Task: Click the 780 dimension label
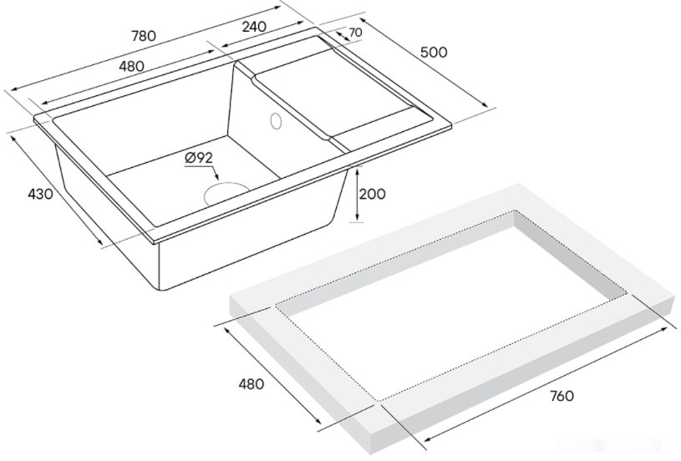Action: pyautogui.click(x=144, y=36)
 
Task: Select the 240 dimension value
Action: pyautogui.click(x=254, y=27)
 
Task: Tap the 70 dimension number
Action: pyautogui.click(x=355, y=33)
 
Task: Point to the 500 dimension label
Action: pyautogui.click(x=434, y=52)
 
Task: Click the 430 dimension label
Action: pyautogui.click(x=40, y=194)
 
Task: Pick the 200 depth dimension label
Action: pyautogui.click(x=372, y=194)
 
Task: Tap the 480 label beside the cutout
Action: pyautogui.click(x=251, y=384)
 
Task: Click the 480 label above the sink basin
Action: pyautogui.click(x=130, y=66)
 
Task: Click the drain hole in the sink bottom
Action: pyautogui.click(x=223, y=194)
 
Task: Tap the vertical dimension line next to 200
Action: pyautogui.click(x=357, y=194)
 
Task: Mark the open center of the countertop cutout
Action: pyautogui.click(x=451, y=305)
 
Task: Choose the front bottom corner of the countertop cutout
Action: pyautogui.click(x=380, y=400)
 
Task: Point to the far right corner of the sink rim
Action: pyautogui.click(x=452, y=124)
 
